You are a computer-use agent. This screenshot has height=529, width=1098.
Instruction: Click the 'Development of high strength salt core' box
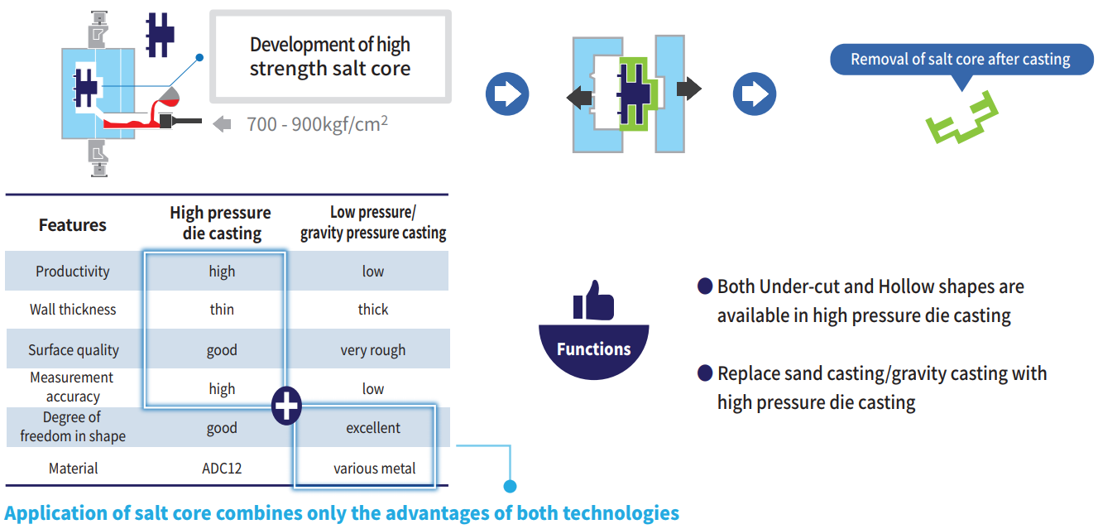click(330, 56)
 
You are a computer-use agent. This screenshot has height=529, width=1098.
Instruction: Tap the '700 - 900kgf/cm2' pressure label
click(318, 124)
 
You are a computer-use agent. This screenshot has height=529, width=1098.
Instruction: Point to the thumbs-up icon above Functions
click(593, 301)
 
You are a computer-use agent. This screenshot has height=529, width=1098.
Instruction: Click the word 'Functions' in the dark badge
click(593, 349)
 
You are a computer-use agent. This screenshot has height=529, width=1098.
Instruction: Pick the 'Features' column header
click(73, 225)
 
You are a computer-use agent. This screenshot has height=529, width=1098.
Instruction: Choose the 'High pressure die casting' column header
click(221, 224)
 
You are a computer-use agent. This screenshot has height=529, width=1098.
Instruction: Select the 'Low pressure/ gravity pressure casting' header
click(373, 224)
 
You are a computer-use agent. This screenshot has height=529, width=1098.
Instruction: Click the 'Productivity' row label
click(73, 272)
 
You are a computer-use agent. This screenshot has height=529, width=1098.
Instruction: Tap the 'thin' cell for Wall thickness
click(222, 310)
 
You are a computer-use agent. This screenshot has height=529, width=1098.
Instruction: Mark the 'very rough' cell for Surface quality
click(373, 350)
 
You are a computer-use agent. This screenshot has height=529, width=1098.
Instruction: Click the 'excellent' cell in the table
click(373, 428)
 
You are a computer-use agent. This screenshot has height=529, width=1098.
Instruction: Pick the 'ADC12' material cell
click(222, 469)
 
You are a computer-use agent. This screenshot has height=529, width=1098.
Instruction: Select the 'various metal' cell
click(374, 469)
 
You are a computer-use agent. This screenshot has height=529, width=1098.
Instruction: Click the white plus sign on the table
click(286, 406)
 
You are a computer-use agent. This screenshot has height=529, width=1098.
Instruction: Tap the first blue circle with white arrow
click(506, 94)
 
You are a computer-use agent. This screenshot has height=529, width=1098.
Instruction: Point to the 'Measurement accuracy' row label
click(73, 387)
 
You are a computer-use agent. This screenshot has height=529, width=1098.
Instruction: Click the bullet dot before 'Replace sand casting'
click(705, 374)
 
